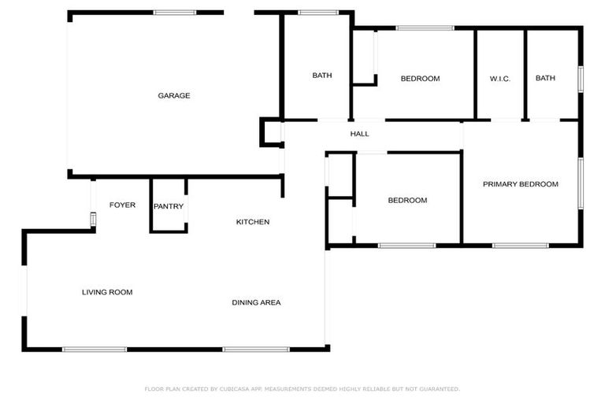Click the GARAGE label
174,96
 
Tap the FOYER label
122,205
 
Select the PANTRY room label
169,207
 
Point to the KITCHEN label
253,222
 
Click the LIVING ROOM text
107,293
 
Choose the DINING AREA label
256,303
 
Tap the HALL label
359,134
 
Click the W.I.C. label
500,79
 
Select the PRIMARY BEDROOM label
520,184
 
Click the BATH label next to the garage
321,76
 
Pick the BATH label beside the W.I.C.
545,79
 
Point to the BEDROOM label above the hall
420,79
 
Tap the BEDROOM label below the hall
407,201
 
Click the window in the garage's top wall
174,13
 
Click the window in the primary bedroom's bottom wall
520,246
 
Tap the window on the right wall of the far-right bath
581,79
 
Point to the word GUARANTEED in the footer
437,389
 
